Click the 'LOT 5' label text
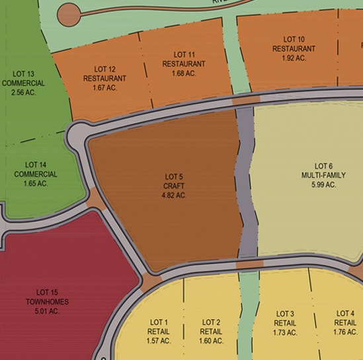point(175,176)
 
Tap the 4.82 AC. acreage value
point(175,195)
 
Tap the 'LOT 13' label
point(23,73)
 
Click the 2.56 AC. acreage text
point(23,92)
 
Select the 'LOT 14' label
point(36,164)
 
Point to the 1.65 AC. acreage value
point(36,184)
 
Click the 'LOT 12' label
point(104,69)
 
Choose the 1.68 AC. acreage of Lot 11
point(184,73)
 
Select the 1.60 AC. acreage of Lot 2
point(211,341)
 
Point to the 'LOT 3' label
point(285,314)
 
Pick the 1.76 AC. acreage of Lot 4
point(346,332)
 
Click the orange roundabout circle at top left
point(69,13)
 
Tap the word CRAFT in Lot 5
point(175,186)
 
